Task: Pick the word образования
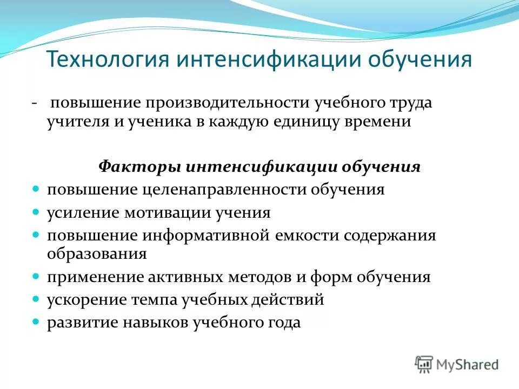point(97,253)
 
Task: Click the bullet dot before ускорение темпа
point(36,299)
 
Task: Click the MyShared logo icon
point(424,364)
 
